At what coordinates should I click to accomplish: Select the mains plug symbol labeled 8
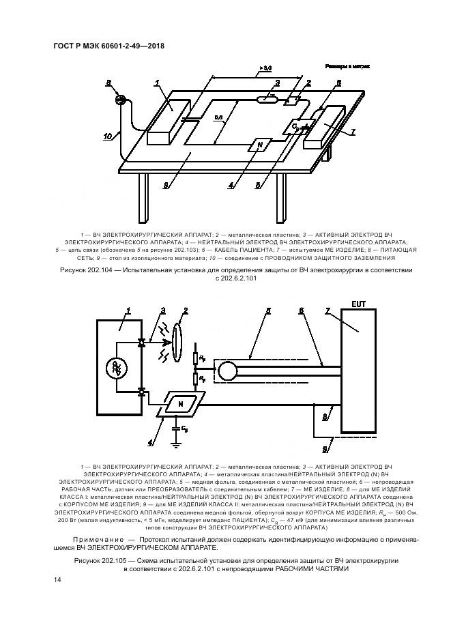point(121,100)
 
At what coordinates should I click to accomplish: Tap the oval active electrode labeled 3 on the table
point(267,100)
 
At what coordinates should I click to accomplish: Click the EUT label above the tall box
point(358,302)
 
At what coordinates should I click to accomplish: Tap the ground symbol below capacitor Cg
point(177,444)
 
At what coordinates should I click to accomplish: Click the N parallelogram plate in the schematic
point(180,404)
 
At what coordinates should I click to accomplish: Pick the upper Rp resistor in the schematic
point(196,358)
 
